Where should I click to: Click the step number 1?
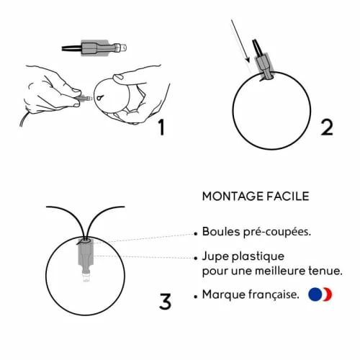162,127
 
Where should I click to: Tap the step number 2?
327,127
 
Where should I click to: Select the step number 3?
165,301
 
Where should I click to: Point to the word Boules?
221,232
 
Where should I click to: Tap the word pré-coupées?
277,233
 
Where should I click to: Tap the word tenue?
325,271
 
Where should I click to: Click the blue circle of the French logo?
315,294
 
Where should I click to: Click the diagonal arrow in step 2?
240,41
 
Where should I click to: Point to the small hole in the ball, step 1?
99,98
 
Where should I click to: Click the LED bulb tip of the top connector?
122,48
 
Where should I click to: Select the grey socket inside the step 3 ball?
86,254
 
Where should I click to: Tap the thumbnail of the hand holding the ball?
119,77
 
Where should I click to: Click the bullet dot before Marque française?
196,297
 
